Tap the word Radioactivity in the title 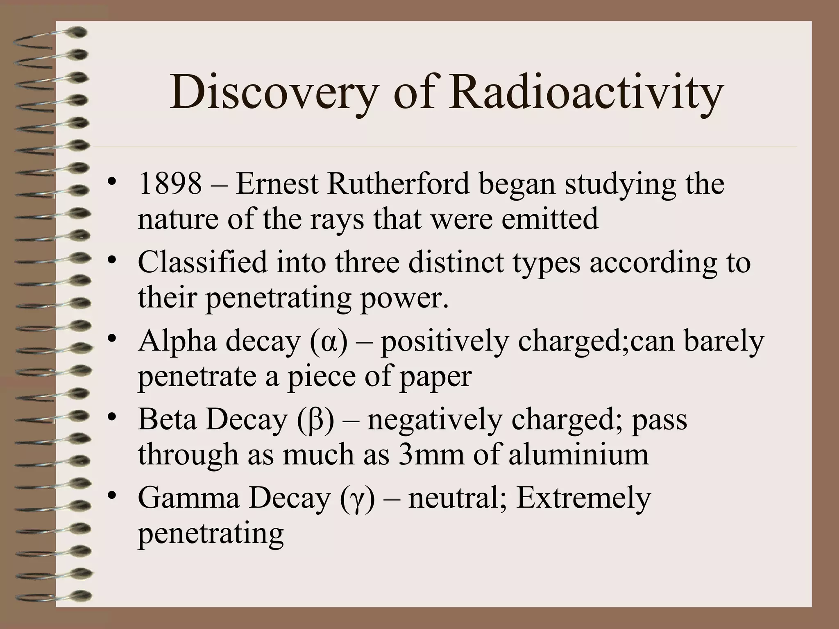[x=586, y=93]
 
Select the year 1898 [x=170, y=184]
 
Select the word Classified [x=202, y=262]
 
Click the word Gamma [x=188, y=498]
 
